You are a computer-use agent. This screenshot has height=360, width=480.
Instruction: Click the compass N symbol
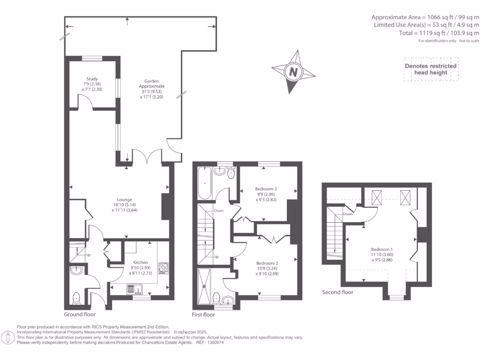coord(293,72)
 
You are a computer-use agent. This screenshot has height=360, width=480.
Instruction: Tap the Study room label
coord(91,79)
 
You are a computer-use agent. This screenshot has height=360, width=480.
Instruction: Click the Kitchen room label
coord(140,262)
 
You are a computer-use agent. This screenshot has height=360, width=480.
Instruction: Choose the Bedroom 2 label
coord(267,263)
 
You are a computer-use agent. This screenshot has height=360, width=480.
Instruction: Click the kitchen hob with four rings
coord(164,268)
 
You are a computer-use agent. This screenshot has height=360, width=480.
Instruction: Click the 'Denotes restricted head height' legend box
coord(431,69)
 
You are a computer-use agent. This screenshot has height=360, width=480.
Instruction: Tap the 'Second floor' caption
coord(337,292)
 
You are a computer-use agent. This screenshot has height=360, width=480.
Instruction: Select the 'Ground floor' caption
coord(80,315)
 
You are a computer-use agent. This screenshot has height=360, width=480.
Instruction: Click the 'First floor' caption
coord(203,315)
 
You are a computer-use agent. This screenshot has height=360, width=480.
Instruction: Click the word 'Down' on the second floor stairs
coord(348,214)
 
